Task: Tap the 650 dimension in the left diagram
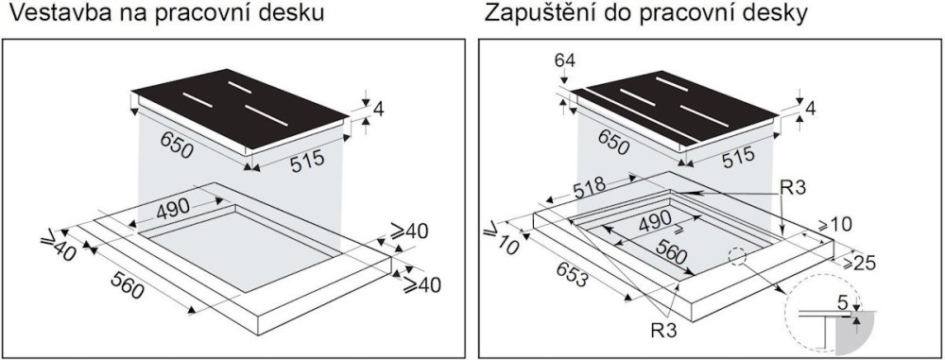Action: point(177,146)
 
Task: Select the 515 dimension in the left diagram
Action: point(307,161)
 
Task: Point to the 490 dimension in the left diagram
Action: point(172,209)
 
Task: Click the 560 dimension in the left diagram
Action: point(128,284)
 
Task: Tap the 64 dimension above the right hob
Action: point(566,60)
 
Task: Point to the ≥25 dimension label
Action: point(858,264)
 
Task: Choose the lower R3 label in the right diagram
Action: point(663,330)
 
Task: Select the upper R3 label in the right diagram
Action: point(794,189)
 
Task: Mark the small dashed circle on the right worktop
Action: point(737,256)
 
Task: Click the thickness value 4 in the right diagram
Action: point(810,109)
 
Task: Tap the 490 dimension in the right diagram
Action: point(655,222)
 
